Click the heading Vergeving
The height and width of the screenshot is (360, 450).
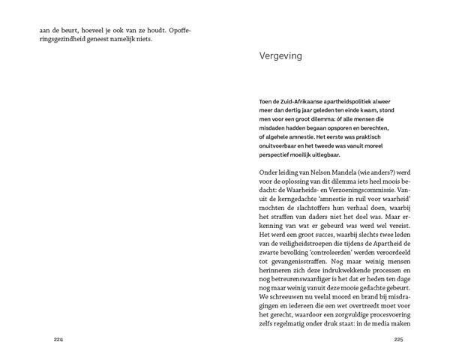tap(280, 56)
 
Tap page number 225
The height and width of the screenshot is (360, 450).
tap(398, 339)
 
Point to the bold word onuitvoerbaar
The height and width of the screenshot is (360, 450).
tap(280, 146)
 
